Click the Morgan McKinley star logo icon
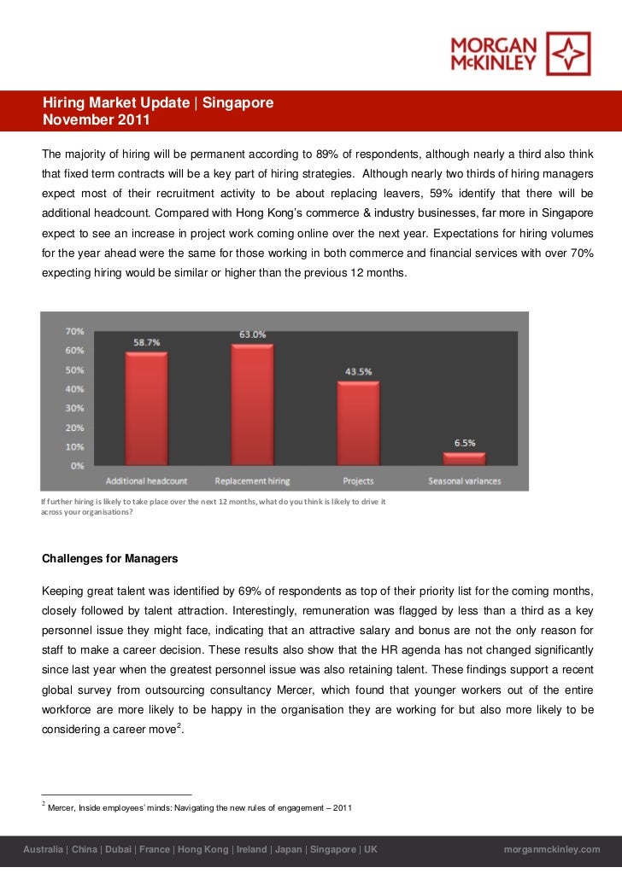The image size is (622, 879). (568, 53)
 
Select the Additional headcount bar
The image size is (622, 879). (146, 409)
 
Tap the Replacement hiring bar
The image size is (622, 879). (252, 405)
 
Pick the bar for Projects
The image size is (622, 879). (358, 423)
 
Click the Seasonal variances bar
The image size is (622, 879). (464, 458)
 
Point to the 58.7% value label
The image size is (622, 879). (146, 342)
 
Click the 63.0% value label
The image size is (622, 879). (252, 335)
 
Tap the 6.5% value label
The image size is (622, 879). (464, 443)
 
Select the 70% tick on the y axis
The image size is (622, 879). (74, 330)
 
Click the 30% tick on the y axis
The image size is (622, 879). (74, 408)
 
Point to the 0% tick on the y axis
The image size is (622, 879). (77, 466)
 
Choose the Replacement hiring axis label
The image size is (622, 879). (252, 481)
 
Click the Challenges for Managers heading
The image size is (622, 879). (110, 559)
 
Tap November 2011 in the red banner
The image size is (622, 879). (97, 120)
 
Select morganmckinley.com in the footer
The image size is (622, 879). (553, 850)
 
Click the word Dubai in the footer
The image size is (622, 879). (120, 850)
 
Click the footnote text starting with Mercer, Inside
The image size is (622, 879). (200, 807)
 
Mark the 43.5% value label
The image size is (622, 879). (358, 372)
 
